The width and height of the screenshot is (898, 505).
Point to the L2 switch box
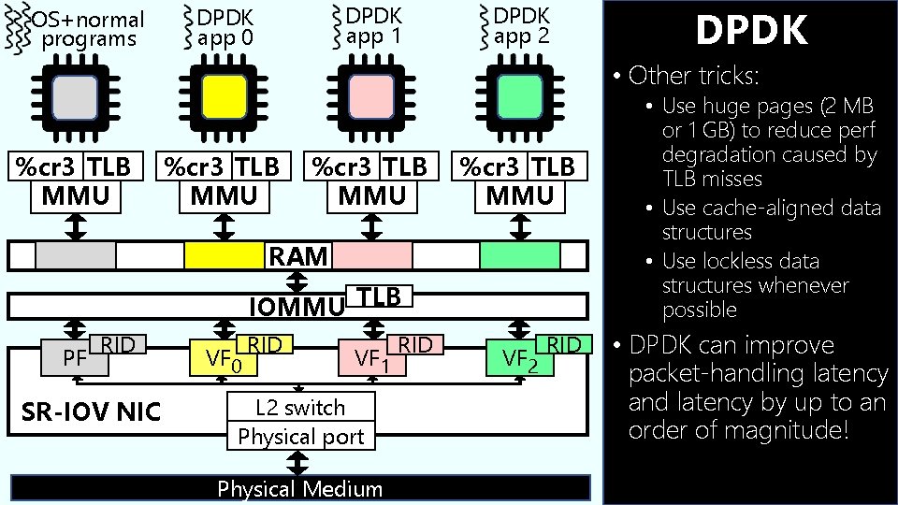(300, 408)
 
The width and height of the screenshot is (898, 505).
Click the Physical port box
(300, 437)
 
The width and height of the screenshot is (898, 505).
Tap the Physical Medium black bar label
(300, 489)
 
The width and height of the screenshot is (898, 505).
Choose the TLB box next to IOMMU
(378, 296)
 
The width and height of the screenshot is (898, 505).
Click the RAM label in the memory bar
(298, 255)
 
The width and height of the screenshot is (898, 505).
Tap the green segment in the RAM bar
(520, 255)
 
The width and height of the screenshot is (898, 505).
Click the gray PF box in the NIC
(67, 356)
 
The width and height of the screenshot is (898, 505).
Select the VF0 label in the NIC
(224, 358)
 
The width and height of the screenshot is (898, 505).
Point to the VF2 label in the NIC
(520, 358)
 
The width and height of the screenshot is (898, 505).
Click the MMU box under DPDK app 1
(372, 195)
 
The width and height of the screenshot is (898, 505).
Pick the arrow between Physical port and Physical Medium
(299, 462)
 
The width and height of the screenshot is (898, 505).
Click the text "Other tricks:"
(693, 75)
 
